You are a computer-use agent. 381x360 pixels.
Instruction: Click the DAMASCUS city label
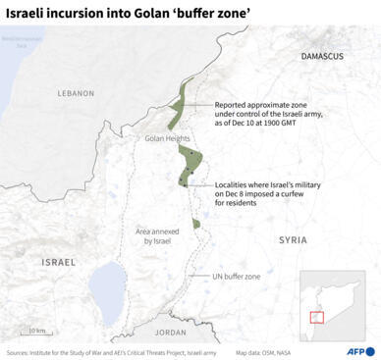(322, 57)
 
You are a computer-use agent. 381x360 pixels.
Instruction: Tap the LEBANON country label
(75, 93)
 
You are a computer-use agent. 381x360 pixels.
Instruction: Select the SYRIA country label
(292, 239)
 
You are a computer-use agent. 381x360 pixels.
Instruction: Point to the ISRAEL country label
(58, 262)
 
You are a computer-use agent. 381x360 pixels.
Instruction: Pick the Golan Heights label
(166, 138)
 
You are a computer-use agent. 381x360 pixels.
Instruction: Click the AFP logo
(348, 351)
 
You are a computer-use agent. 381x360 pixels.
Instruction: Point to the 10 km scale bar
(36, 330)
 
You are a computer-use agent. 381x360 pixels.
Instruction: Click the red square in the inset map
(317, 316)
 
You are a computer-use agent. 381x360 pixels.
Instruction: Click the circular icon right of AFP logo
(371, 351)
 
